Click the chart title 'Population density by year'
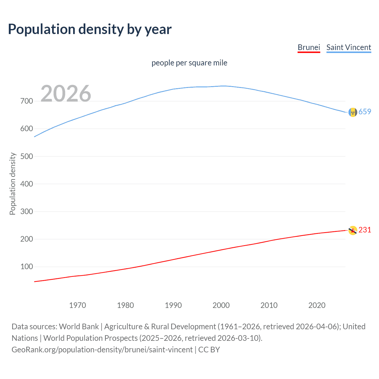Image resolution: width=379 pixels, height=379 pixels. click(90, 29)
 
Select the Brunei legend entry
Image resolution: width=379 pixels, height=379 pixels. click(309, 47)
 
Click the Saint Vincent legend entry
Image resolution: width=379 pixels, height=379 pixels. click(349, 47)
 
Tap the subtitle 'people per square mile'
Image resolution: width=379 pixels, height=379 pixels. click(189, 63)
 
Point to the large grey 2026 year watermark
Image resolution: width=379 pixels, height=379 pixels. click(66, 94)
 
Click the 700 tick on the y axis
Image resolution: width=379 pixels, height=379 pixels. click(27, 101)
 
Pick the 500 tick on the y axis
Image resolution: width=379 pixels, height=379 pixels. click(27, 156)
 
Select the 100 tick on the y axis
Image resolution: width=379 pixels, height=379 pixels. click(27, 267)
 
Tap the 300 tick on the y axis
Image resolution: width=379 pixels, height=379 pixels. click(27, 211)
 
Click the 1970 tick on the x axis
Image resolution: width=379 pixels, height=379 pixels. click(78, 305)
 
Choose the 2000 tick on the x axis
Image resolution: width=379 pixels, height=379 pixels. click(221, 305)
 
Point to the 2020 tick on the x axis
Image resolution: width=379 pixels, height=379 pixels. click(317, 305)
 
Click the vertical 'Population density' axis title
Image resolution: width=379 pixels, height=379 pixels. click(12, 184)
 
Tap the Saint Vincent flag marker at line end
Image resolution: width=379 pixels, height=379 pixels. click(353, 112)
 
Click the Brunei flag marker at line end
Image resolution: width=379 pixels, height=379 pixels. click(353, 230)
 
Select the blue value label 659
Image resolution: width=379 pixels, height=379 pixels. click(365, 112)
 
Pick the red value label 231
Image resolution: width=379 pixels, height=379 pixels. click(365, 230)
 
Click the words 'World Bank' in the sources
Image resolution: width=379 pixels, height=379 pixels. click(79, 327)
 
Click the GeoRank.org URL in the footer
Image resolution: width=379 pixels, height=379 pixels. click(102, 350)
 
